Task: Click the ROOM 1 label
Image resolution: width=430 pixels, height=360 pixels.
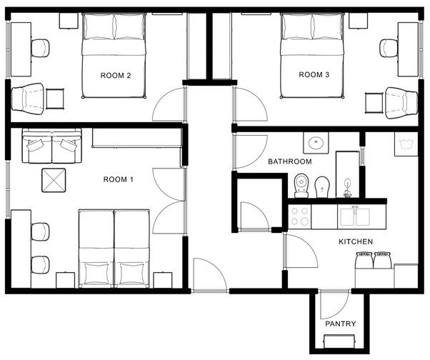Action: point(118,179)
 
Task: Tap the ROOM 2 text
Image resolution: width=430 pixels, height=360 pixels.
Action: point(116,76)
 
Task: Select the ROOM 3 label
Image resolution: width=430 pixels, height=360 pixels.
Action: point(314,74)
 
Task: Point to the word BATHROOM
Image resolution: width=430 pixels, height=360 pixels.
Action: point(290,161)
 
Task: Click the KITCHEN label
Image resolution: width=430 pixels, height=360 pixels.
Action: point(356,241)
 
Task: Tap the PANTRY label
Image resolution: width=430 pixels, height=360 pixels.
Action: point(340,324)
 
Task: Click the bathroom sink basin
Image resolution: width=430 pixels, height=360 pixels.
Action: point(316,143)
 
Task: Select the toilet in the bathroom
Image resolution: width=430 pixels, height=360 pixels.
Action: point(301,186)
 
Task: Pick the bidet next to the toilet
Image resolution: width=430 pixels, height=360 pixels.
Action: point(321,187)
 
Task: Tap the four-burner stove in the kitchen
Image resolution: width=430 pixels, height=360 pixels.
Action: point(299,216)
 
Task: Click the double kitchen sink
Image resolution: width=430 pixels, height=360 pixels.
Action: point(355,216)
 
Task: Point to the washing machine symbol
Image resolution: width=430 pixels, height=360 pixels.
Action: point(406,144)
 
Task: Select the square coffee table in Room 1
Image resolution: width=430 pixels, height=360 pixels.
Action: point(54,180)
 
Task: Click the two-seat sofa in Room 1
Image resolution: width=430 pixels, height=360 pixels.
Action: point(52,146)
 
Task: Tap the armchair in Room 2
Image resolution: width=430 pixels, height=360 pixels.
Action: point(27,99)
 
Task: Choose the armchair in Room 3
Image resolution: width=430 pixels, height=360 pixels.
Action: point(401,103)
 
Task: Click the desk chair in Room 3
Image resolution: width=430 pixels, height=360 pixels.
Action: point(389,49)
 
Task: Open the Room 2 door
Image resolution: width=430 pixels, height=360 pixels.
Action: point(168,105)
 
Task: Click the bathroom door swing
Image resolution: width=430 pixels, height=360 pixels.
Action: point(250,151)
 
